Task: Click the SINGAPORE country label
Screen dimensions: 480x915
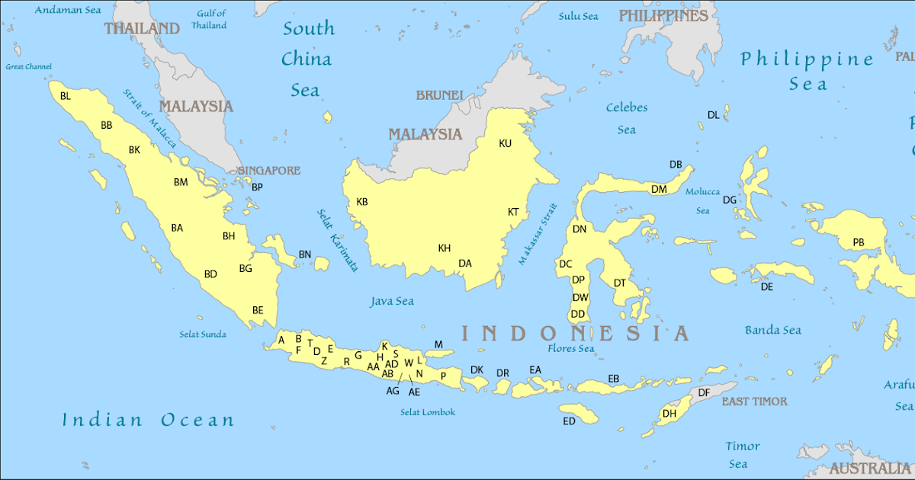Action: pyautogui.click(x=268, y=171)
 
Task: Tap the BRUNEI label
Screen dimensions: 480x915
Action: pyautogui.click(x=439, y=95)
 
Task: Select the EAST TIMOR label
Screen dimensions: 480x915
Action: pyautogui.click(x=754, y=402)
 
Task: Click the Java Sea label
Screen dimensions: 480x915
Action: pyautogui.click(x=392, y=301)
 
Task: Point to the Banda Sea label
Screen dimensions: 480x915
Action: pyautogui.click(x=772, y=330)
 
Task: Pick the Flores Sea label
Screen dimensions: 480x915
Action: pyautogui.click(x=570, y=349)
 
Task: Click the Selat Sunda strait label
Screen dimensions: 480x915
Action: pyautogui.click(x=203, y=334)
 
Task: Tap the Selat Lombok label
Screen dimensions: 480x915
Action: pyautogui.click(x=427, y=412)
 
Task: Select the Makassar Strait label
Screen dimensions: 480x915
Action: pyautogui.click(x=538, y=234)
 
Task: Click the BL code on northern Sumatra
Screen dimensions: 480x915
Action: pyautogui.click(x=65, y=96)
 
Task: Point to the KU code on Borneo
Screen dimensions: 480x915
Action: pyautogui.click(x=505, y=143)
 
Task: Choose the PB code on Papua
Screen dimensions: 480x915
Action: pyautogui.click(x=859, y=243)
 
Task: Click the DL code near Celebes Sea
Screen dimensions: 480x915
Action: pyautogui.click(x=713, y=115)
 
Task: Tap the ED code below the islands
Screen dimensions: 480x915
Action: pyautogui.click(x=569, y=421)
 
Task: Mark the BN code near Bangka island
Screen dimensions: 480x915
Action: pyautogui.click(x=304, y=254)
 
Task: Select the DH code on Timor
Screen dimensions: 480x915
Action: pyautogui.click(x=669, y=414)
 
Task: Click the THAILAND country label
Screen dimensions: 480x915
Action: pyautogui.click(x=142, y=28)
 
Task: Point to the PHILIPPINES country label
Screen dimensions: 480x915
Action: pyautogui.click(x=663, y=15)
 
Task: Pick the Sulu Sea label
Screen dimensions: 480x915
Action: pyautogui.click(x=578, y=16)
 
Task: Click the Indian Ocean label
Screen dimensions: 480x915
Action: pyautogui.click(x=148, y=420)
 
